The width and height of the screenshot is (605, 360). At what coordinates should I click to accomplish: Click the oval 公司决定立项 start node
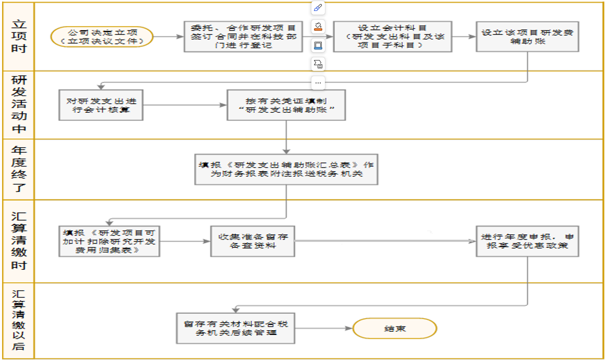pyautogui.click(x=102, y=37)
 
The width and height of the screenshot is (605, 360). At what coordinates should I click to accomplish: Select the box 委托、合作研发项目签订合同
pyautogui.click(x=243, y=37)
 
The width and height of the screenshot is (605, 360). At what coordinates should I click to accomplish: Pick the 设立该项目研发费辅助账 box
pyautogui.click(x=527, y=36)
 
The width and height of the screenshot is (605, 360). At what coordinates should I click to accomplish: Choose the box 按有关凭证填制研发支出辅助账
pyautogui.click(x=286, y=105)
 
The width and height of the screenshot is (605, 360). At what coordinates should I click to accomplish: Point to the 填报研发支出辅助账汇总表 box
pyautogui.click(x=286, y=169)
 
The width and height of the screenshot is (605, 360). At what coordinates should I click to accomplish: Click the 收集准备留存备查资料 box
pyautogui.click(x=252, y=241)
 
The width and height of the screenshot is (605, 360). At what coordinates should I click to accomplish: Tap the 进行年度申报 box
pyautogui.click(x=527, y=241)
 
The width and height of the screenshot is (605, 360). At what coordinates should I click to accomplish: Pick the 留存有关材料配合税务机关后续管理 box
pyautogui.click(x=236, y=328)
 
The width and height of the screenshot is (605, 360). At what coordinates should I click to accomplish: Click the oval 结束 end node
pyautogui.click(x=394, y=329)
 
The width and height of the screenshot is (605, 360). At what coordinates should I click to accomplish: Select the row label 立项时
pyautogui.click(x=19, y=37)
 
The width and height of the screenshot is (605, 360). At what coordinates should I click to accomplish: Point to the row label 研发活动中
pyautogui.click(x=19, y=104)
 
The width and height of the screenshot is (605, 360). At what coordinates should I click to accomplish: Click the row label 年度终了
pyautogui.click(x=19, y=169)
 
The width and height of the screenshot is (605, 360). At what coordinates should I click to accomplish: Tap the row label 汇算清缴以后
pyautogui.click(x=19, y=320)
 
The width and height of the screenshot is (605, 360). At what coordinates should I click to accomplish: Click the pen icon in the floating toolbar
pyautogui.click(x=318, y=8)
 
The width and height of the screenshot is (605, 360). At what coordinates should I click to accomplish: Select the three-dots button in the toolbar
pyautogui.click(x=318, y=83)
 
